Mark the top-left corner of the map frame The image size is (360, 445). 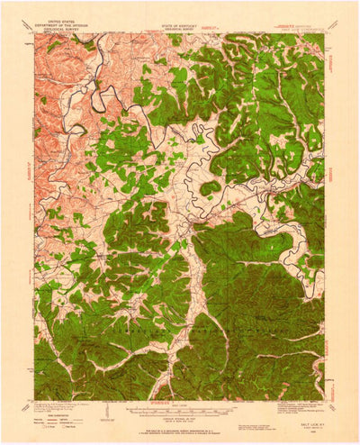(35, 33)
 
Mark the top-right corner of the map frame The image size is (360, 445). (324, 33)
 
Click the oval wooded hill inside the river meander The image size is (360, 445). (209, 188)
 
